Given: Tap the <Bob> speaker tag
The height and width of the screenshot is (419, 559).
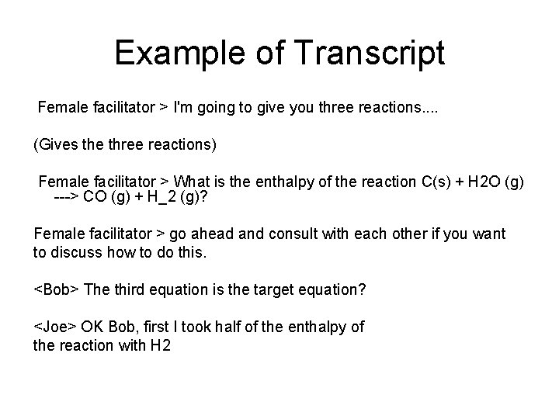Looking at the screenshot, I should tap(56, 290).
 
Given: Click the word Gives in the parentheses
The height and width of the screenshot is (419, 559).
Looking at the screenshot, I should tap(56, 144).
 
